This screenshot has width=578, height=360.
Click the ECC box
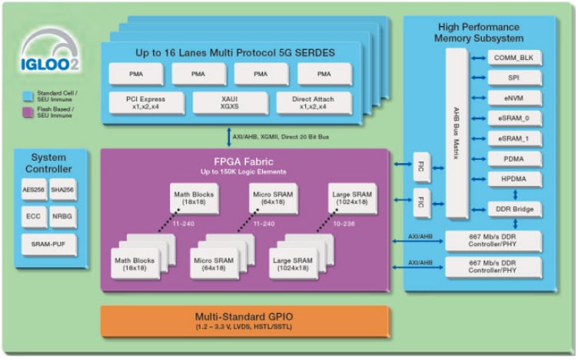[34, 216]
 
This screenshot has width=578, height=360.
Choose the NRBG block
[63, 216]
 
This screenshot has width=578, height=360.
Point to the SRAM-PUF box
[48, 245]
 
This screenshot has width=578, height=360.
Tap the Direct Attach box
[311, 102]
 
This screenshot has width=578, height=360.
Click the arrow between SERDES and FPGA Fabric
[230, 137]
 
